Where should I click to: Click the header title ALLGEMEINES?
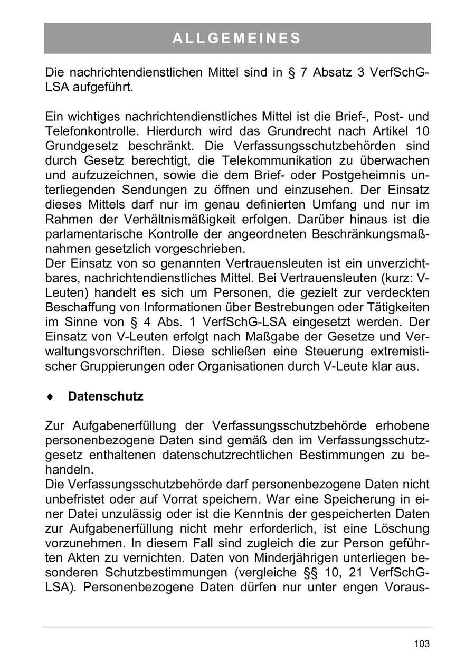(x=237, y=39)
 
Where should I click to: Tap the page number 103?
(x=422, y=643)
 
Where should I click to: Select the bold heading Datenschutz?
(x=106, y=396)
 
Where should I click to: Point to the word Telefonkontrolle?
(x=87, y=131)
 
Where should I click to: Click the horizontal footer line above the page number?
(x=237, y=627)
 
